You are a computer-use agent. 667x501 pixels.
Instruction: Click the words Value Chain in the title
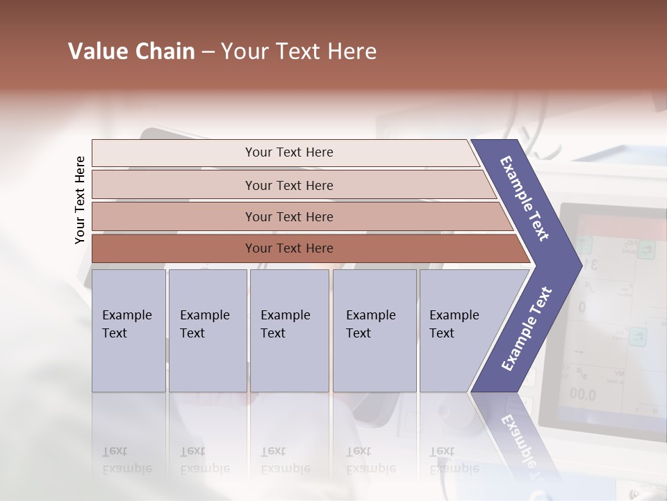pos(131,51)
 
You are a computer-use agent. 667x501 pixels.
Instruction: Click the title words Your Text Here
pos(299,51)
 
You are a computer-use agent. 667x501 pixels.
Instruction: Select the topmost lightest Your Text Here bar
pos(288,152)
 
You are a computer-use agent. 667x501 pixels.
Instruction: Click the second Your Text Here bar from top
pos(288,185)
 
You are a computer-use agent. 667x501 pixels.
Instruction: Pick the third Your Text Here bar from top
pos(288,216)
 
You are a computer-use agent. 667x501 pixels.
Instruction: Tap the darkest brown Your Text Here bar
pos(288,248)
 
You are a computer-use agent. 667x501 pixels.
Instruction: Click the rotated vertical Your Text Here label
pos(80,200)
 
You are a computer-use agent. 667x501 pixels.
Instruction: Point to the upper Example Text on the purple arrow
pos(525,198)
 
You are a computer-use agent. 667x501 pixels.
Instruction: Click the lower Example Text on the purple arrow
pos(526,329)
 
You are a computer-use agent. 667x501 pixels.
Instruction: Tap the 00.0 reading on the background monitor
pos(582,395)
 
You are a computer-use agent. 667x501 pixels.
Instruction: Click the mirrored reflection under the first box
pos(126,459)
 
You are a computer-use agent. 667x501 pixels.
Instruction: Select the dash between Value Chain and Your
pos(208,51)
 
